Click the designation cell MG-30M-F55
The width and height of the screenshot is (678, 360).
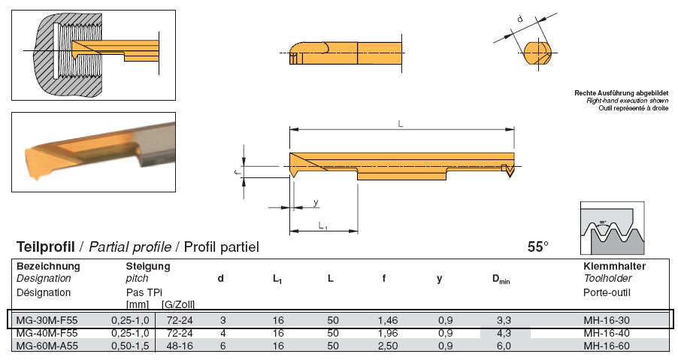tap(47, 320)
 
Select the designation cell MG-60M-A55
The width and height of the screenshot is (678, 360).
tap(47, 346)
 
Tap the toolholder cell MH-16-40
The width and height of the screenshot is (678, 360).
tap(607, 333)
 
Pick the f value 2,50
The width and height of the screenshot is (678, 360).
tap(387, 346)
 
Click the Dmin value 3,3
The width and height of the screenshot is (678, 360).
tap(504, 320)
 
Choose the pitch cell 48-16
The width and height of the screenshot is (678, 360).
tap(180, 346)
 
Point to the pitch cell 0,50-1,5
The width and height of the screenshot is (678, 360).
tap(130, 346)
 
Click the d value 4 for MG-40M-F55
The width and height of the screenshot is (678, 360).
tap(222, 333)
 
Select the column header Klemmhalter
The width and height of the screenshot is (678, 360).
tap(614, 266)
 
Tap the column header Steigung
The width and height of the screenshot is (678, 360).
tap(148, 266)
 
